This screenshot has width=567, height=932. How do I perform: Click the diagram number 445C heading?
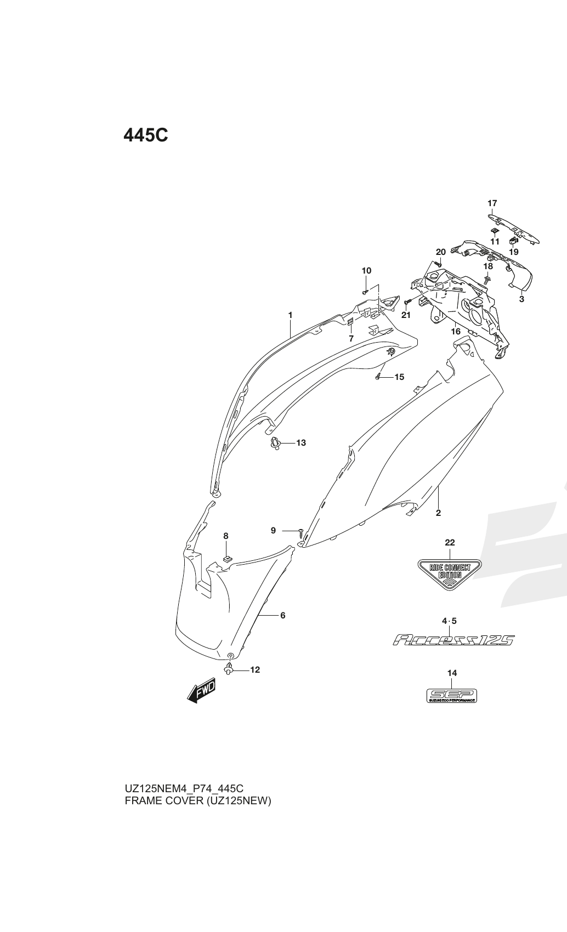click(146, 135)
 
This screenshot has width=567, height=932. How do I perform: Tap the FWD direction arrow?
click(201, 691)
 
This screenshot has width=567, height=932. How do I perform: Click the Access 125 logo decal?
click(453, 640)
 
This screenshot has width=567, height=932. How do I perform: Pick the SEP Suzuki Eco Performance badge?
click(452, 696)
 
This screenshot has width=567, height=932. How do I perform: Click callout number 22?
click(450, 543)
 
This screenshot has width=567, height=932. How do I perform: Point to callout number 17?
click(492, 203)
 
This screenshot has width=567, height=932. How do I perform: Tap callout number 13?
click(301, 443)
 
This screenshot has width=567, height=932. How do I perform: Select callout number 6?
click(282, 615)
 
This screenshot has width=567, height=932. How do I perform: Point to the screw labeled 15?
click(378, 377)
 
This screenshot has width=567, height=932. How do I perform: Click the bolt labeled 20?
click(438, 263)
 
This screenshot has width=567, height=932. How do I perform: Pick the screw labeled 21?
click(407, 301)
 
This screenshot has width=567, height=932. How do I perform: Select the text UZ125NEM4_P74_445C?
click(184, 788)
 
